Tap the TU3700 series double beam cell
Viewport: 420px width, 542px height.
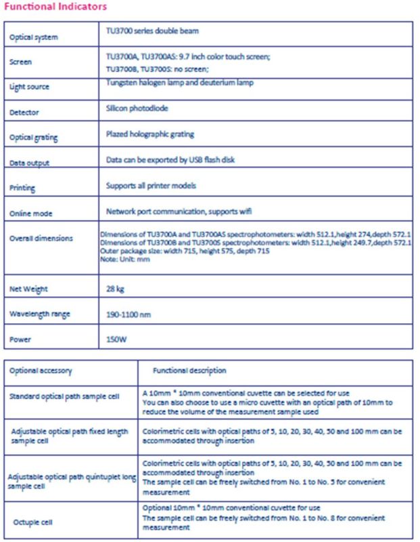click(152, 31)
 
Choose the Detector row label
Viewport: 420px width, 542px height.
click(24, 112)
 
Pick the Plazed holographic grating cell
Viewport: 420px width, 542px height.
click(149, 133)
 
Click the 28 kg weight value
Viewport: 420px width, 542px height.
click(116, 288)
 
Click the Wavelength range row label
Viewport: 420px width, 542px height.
click(39, 314)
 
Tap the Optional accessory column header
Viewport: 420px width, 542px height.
click(41, 371)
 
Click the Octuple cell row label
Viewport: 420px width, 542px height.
click(33, 522)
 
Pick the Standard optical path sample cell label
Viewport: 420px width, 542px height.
click(64, 396)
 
